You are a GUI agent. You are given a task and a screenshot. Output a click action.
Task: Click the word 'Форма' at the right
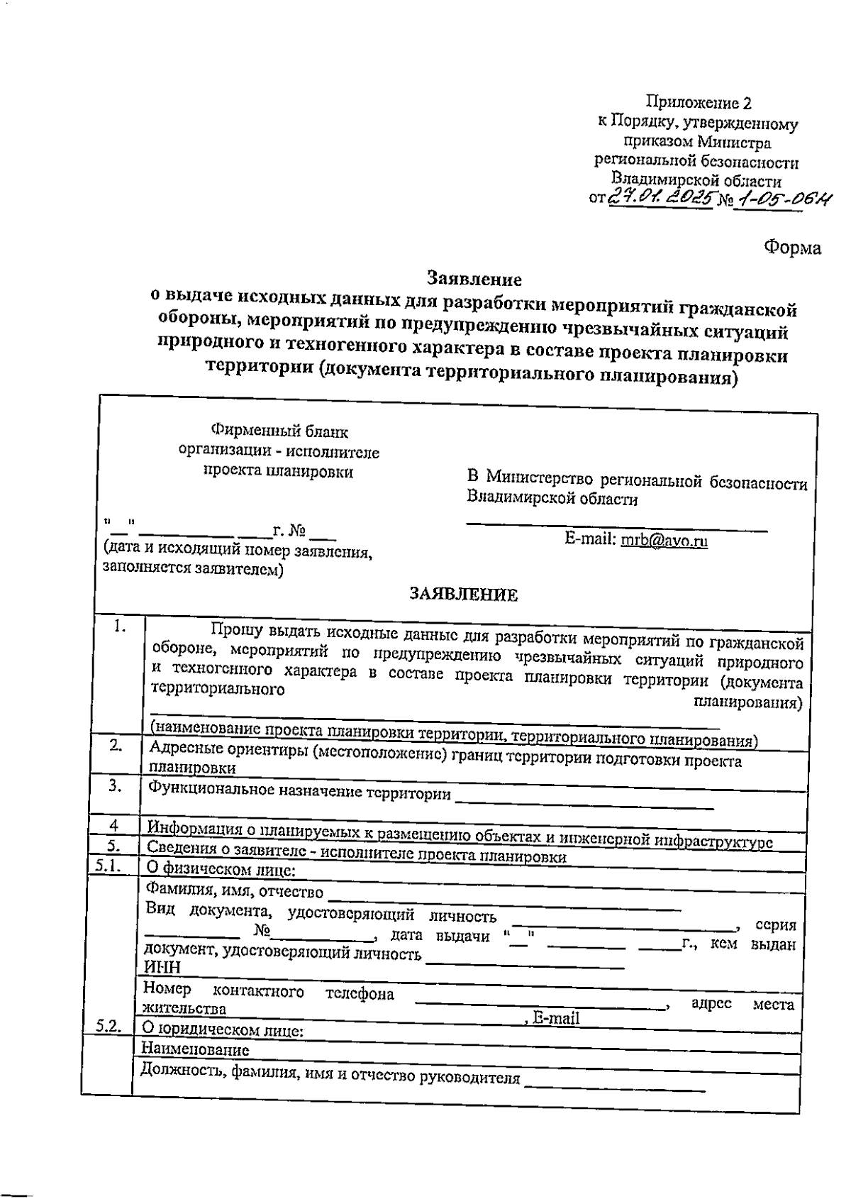pos(792,248)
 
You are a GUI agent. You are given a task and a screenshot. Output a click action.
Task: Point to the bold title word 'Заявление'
pos(474,278)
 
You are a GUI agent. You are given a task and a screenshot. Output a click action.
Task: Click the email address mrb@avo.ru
pos(664,541)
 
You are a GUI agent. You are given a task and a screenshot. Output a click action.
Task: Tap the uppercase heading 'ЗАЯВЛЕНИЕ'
pos(464,595)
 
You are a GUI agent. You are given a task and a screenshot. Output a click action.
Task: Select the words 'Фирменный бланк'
pos(280,431)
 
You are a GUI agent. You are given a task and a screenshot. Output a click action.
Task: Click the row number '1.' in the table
pos(120,626)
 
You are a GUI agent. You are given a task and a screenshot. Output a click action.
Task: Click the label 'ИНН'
pos(162,967)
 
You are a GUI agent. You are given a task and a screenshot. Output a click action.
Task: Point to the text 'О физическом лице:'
pos(220,869)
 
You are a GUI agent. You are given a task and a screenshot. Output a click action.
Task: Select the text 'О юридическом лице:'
pos(222,1029)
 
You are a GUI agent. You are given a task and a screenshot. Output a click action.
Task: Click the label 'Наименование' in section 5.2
pos(195,1049)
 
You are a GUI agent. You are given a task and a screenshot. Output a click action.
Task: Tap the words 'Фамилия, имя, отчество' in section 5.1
pos(234,891)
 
